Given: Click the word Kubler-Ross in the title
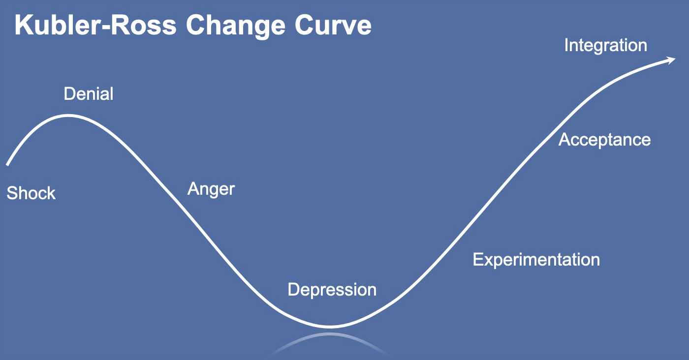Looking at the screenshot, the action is pos(95,25).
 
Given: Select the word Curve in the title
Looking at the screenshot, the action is pos(333,25).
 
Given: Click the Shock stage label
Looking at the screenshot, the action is pos(31,193).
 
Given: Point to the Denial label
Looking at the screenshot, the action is pos(89,94).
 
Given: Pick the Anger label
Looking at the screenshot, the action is pos(211,189).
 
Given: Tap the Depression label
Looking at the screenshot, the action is pos(332,290).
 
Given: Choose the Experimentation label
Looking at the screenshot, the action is pos(536,260).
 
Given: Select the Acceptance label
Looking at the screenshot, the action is pos(604,140).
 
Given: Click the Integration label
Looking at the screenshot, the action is pos(606,46).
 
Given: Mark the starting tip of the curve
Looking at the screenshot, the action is pos(7,165).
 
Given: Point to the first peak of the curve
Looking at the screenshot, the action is pos(68,116).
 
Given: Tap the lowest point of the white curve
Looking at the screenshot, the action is pos(330,327).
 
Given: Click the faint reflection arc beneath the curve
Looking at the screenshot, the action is pos(330,335).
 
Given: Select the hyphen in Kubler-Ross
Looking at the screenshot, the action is pos(104,28).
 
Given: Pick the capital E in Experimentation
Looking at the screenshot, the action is pos(478,260).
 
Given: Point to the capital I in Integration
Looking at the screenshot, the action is pos(566,45).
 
